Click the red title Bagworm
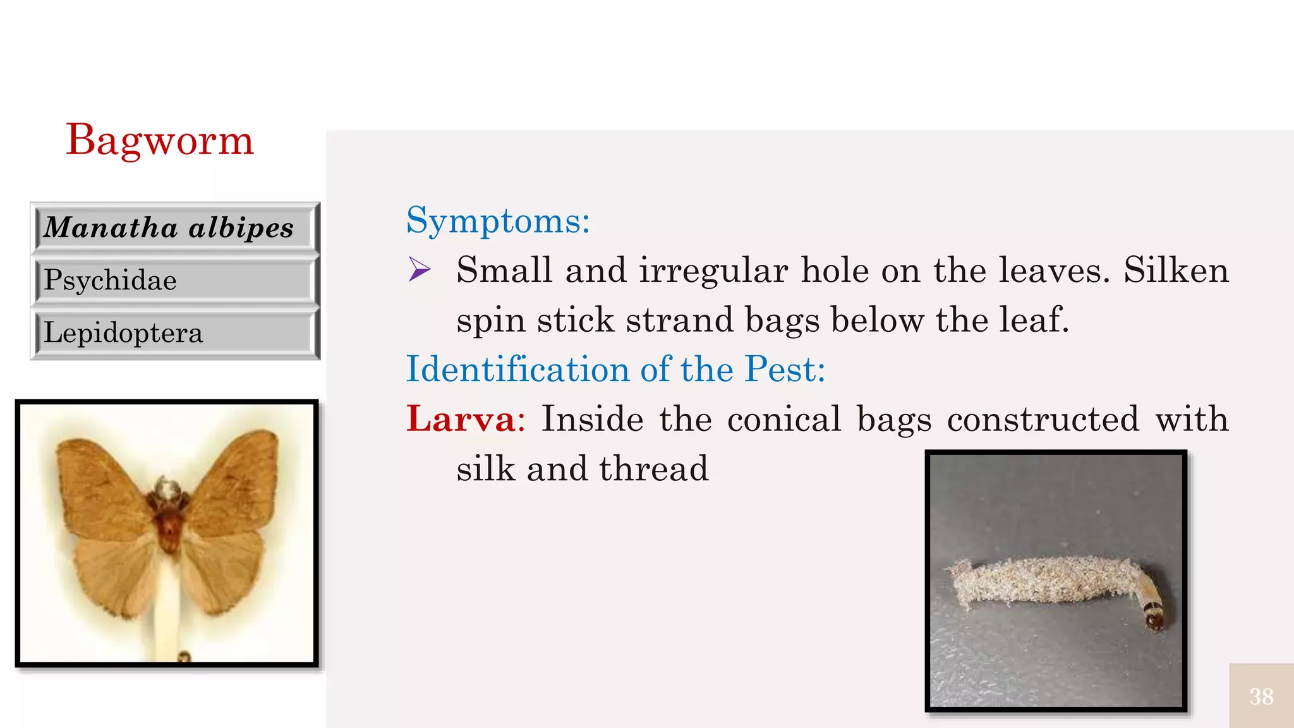click(x=160, y=140)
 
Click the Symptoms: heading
click(x=498, y=221)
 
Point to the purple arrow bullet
click(x=419, y=270)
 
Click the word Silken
click(x=1176, y=270)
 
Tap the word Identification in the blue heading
click(x=517, y=369)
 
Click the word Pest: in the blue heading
click(x=785, y=369)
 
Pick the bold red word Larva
click(x=461, y=419)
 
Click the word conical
click(x=784, y=419)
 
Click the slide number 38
click(x=1261, y=696)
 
